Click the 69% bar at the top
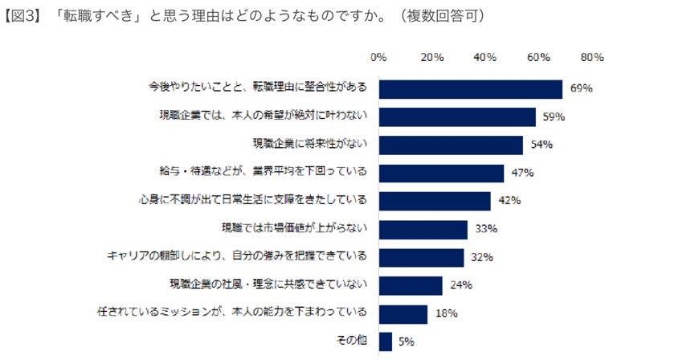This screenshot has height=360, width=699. coord(470,88)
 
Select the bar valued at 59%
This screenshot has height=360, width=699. coord(456,117)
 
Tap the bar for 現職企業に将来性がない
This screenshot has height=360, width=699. coord(450,145)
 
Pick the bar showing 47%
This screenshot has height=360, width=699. coord(441,173)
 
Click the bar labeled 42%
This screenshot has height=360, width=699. coord(434,201)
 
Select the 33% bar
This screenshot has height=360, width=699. coord(423,229)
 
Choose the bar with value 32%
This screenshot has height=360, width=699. coord(421,257)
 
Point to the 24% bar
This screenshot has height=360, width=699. coord(410,285)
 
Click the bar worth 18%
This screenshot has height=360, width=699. coord(403,313)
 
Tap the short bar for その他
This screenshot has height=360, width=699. coord(385,341)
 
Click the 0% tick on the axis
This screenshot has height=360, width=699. coord(378,57)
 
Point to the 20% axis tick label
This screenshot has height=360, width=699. coord(432,57)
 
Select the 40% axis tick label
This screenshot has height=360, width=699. coord(485,57)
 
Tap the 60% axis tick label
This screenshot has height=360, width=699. coord(538,57)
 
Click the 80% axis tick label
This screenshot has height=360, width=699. coord(592,57)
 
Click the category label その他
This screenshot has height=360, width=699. coord(351,341)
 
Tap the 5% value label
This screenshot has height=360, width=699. coord(406,342)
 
